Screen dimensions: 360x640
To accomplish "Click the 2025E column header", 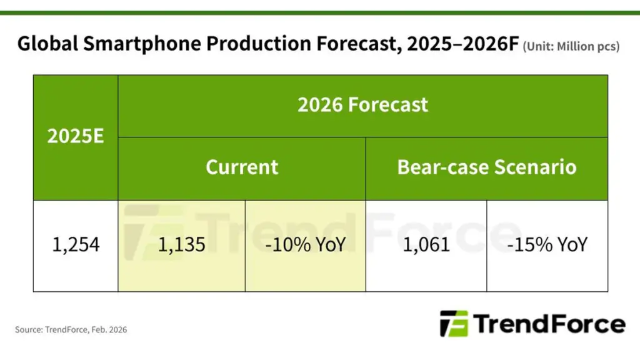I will pos(76,136).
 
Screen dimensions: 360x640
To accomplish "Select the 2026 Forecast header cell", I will pos(362,104).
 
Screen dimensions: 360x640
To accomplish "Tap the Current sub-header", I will pos(242,167).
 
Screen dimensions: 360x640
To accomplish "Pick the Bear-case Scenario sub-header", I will pos(486,167).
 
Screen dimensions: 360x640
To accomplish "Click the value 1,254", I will pos(76,244).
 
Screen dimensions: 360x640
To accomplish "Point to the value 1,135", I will pos(181,244).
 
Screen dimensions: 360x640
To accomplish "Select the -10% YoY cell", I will pos(305,244).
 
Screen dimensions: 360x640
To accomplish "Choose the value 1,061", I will pos(426,244).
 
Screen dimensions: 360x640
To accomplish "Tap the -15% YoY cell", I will pos(547,244).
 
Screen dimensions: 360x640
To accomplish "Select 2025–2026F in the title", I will pos(446,45).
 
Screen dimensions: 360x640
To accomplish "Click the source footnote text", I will pos(71,329).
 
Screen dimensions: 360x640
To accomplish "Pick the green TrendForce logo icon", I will pos(454,324).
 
